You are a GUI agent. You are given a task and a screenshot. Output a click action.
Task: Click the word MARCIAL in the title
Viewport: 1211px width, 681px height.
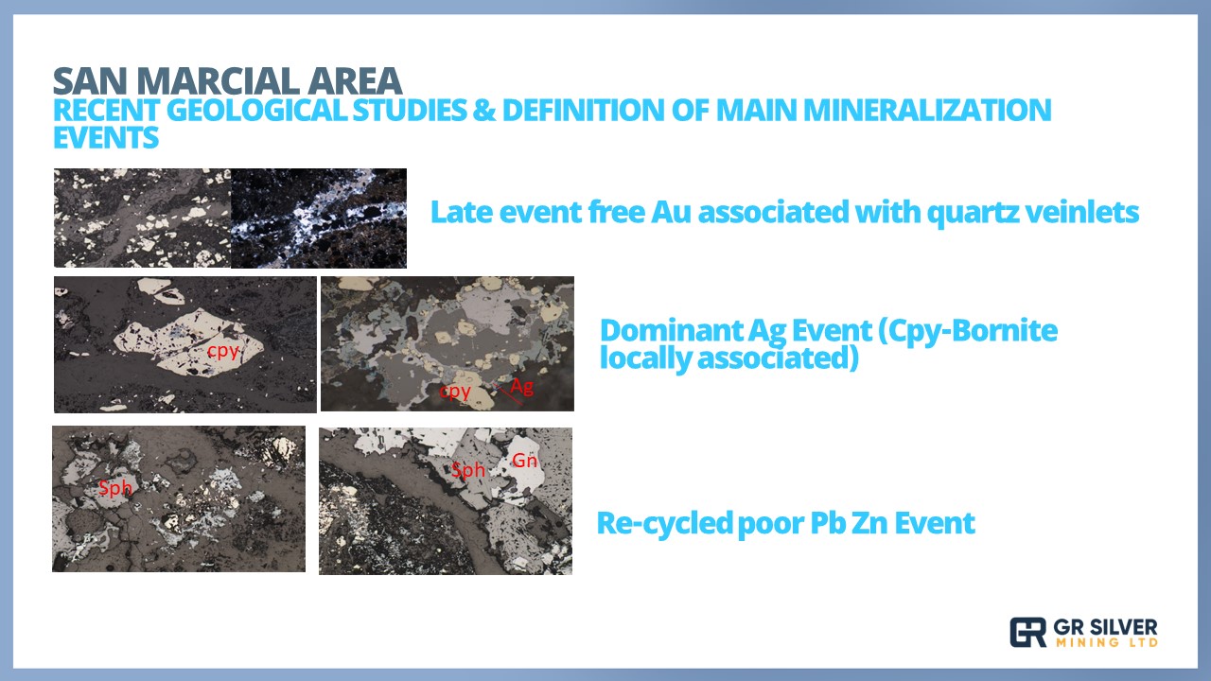(x=219, y=81)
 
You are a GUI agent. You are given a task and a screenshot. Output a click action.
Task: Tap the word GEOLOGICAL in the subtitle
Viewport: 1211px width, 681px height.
(x=256, y=111)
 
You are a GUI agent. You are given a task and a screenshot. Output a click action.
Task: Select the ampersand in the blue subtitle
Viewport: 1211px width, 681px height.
(x=483, y=111)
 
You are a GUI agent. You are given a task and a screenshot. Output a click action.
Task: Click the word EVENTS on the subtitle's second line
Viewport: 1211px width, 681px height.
(x=106, y=137)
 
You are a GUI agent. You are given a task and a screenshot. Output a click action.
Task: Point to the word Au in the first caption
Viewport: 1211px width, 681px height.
(x=671, y=212)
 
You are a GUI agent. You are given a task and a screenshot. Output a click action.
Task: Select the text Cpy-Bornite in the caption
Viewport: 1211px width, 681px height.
(x=968, y=331)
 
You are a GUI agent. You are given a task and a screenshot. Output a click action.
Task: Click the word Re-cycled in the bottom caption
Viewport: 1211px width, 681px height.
(x=664, y=523)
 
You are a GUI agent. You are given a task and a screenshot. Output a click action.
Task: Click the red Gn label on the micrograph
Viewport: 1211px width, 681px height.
(x=524, y=461)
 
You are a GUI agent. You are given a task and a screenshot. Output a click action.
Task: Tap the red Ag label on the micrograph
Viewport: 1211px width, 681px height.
(x=521, y=387)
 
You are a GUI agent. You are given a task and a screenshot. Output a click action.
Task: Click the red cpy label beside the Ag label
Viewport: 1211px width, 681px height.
(x=455, y=392)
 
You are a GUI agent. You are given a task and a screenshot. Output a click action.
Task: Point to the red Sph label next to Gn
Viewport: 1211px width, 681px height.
(x=468, y=470)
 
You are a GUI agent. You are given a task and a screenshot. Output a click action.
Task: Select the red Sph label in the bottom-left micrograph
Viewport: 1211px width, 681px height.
(x=115, y=488)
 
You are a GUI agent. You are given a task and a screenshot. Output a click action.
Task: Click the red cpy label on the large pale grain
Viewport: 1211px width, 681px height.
(x=222, y=351)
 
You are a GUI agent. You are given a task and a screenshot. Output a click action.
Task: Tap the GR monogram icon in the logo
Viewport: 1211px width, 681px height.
(x=1027, y=633)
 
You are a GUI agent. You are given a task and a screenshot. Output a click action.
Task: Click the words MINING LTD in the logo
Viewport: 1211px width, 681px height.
(x=1107, y=642)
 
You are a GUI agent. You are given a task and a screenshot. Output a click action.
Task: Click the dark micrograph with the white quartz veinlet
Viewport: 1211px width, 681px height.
(x=319, y=218)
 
